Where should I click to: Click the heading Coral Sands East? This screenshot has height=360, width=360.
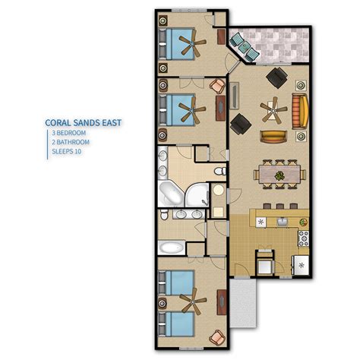[84, 123]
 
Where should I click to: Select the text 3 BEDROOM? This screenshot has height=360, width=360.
[69, 133]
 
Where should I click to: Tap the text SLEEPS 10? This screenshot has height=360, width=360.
[67, 152]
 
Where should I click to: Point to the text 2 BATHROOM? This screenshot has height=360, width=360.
[71, 142]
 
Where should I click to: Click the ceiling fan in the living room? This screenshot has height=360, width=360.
[273, 110]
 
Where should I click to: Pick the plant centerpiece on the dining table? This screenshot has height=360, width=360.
[279, 175]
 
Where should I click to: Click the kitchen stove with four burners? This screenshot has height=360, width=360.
[304, 238]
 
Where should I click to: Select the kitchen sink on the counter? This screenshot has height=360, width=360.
[282, 222]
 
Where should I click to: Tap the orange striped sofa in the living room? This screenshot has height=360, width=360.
[300, 112]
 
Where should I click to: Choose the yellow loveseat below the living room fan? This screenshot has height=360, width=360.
[273, 137]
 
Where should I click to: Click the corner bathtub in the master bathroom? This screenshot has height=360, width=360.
[171, 194]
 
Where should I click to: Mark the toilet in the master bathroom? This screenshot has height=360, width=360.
[220, 172]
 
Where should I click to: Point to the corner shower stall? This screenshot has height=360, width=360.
[197, 194]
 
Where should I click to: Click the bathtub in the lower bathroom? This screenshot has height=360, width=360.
[172, 248]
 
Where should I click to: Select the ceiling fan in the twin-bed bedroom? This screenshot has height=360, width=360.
[193, 302]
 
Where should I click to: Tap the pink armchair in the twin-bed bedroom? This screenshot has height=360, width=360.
[217, 337]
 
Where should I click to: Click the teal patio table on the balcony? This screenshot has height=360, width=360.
[244, 46]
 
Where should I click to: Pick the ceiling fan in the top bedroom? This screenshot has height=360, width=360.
[192, 43]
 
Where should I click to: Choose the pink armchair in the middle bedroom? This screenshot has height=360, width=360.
[217, 86]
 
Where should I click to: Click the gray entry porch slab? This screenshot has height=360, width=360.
[243, 302]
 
